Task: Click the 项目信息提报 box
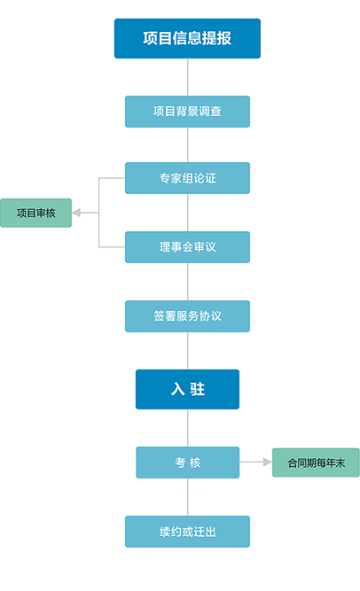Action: click(x=187, y=38)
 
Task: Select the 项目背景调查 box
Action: click(x=187, y=112)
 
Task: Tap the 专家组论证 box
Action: click(x=187, y=178)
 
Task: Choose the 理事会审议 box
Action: click(x=187, y=247)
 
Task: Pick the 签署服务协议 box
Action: click(x=187, y=316)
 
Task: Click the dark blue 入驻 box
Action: click(x=187, y=389)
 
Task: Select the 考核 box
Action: click(x=188, y=463)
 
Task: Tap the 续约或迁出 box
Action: click(x=187, y=532)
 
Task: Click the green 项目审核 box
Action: click(x=35, y=213)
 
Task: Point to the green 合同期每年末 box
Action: click(x=316, y=463)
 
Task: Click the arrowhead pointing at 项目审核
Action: click(x=76, y=213)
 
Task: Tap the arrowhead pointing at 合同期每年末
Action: click(x=267, y=463)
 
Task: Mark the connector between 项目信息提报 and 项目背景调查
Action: click(x=188, y=77)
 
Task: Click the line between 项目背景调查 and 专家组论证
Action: click(x=188, y=144)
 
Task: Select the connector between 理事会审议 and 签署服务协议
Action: click(x=188, y=282)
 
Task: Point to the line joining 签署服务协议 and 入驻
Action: click(x=188, y=351)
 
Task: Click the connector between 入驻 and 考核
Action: click(x=188, y=428)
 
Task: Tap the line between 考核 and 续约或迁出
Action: click(x=188, y=497)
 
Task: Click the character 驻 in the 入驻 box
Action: click(x=198, y=389)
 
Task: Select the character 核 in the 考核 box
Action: click(x=195, y=463)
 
